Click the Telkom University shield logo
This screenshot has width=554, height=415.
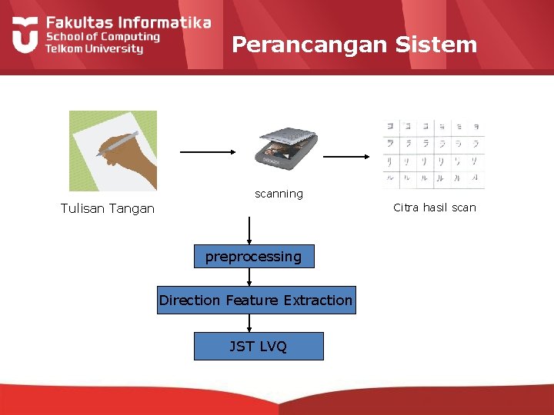(x=25, y=35)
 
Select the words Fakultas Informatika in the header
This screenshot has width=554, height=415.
(x=128, y=22)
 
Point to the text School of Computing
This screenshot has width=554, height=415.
(x=102, y=36)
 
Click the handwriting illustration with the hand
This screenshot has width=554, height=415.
(x=113, y=151)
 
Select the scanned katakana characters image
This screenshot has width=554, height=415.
(x=434, y=154)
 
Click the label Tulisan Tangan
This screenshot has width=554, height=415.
(x=108, y=208)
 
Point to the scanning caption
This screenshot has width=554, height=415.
(x=279, y=194)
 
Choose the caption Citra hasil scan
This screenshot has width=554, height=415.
(x=435, y=207)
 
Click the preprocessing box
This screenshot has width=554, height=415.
(x=254, y=257)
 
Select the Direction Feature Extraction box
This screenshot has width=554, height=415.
(x=256, y=300)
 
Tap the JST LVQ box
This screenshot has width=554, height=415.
(x=258, y=347)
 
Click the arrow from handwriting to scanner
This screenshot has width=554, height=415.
(x=209, y=152)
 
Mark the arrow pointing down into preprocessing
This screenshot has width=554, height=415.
(x=249, y=231)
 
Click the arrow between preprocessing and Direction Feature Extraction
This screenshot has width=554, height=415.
(x=249, y=277)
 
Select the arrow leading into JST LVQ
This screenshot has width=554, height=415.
(x=249, y=324)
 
